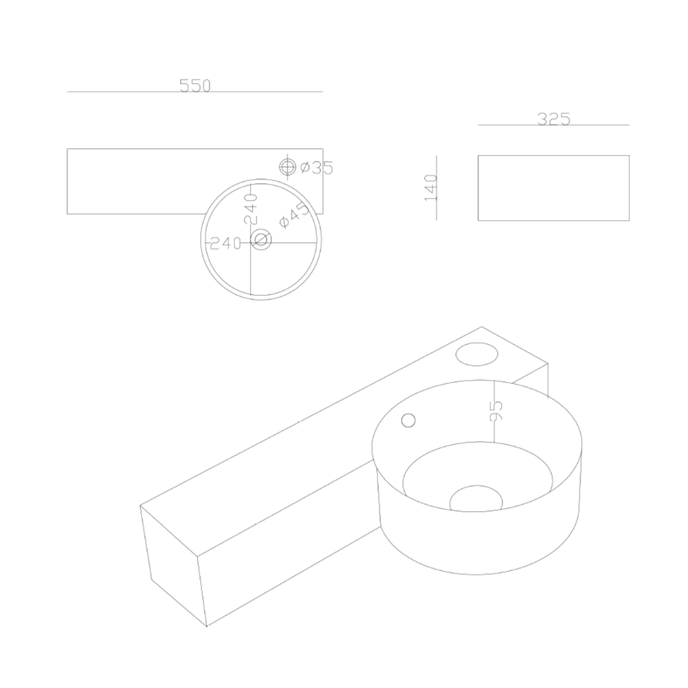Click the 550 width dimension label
tap(195, 86)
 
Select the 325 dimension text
tap(554, 119)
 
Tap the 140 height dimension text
tap(431, 187)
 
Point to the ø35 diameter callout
tap(316, 167)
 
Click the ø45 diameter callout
tap(294, 215)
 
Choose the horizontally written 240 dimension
tap(226, 243)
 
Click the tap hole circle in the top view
tap(288, 166)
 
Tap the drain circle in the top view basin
tap(261, 240)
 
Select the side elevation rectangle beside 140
tap(553, 188)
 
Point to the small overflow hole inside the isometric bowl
tap(408, 420)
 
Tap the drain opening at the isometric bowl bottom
tap(475, 499)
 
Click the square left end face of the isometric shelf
tap(174, 564)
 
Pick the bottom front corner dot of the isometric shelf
tap(206, 625)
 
